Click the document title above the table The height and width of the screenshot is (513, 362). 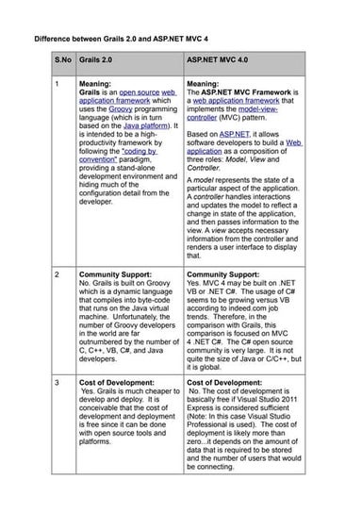click(x=134, y=41)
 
